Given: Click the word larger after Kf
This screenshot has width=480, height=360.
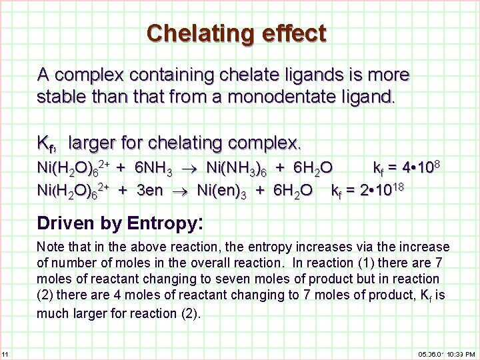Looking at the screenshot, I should tap(96, 143).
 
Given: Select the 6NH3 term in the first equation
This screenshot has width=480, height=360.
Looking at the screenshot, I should tap(154, 167).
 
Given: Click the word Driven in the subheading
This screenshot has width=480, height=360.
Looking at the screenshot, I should tap(65, 222).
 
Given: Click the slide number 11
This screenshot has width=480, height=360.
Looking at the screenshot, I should tap(5, 353).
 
